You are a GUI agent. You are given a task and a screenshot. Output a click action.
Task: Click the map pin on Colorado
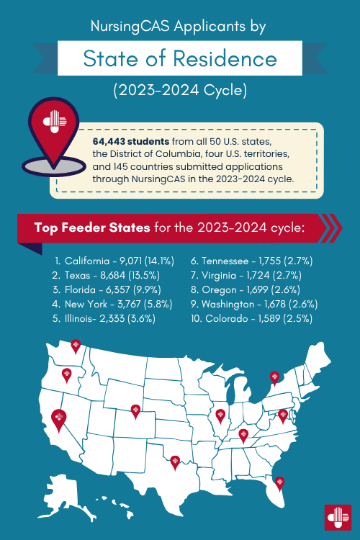pyautogui.click(x=135, y=411)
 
